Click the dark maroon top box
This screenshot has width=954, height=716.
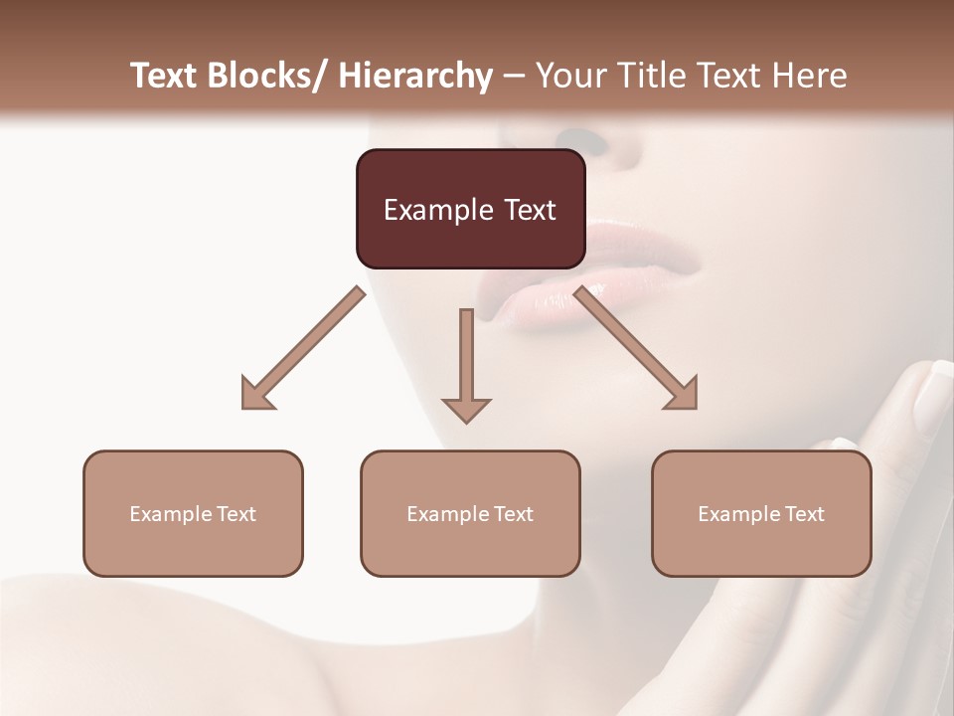pos(470,209)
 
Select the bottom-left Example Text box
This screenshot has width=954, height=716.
pos(193,513)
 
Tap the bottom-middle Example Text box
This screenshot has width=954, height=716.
pos(470,513)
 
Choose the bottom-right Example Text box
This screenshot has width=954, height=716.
pos(761,513)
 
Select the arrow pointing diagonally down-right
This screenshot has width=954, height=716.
pos(636,347)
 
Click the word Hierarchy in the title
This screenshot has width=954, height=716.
pos(415,76)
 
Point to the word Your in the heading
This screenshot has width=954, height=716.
pos(567,76)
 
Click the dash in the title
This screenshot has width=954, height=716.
pos(514,77)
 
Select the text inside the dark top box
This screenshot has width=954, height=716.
pos(470,210)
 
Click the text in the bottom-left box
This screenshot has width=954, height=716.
pos(193,514)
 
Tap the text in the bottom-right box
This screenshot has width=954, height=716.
pos(761,514)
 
